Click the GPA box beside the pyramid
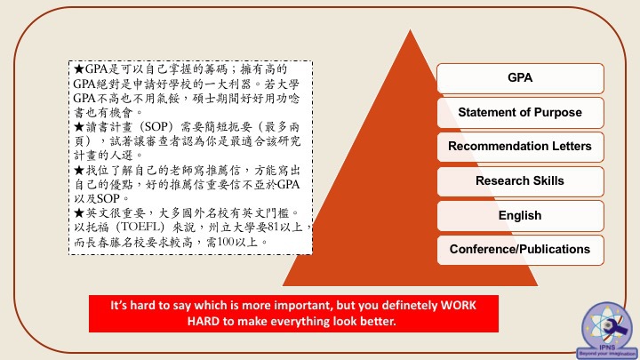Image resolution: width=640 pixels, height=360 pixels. (520, 78)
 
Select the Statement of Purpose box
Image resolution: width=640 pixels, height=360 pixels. (520, 113)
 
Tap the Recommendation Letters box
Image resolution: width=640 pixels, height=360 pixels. (520, 147)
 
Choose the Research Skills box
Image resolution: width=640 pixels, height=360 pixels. (520, 181)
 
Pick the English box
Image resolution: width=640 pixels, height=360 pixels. (520, 216)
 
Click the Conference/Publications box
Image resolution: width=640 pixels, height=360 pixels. (520, 250)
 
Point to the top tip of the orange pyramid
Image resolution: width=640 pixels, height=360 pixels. (410, 30)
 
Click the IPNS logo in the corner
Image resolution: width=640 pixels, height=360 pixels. (607, 330)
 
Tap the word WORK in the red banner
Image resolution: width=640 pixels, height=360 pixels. (459, 305)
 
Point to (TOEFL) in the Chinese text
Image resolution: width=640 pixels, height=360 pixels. (140, 227)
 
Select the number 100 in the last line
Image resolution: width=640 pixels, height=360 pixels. (226, 242)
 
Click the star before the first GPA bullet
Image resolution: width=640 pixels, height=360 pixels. (79, 68)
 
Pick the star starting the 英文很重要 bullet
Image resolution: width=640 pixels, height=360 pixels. (79, 212)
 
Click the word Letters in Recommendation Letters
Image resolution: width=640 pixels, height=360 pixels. (572, 146)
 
